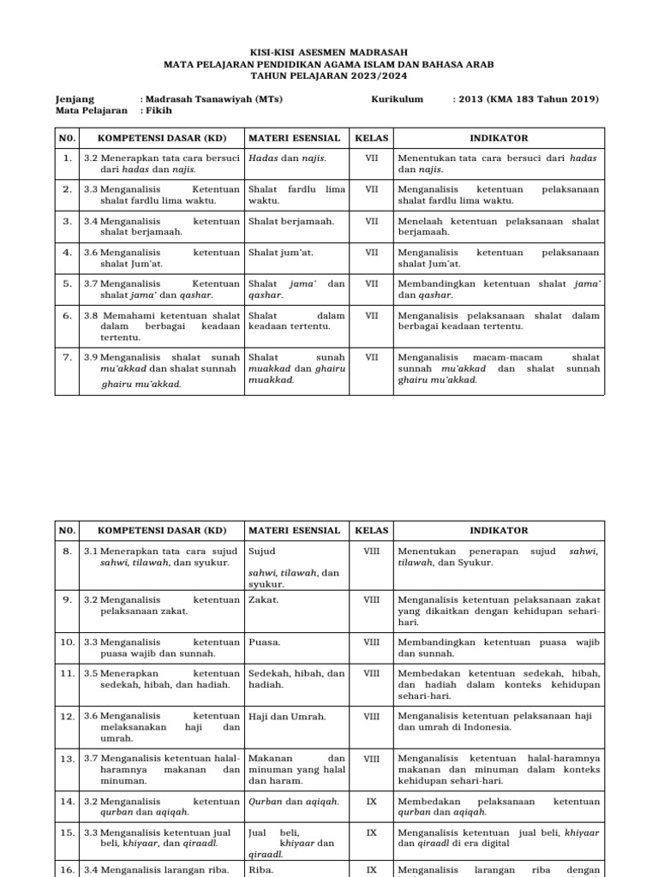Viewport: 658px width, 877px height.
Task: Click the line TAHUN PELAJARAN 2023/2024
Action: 329,75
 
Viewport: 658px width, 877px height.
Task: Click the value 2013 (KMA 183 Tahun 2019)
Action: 525,99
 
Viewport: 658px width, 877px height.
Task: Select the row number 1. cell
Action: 67,158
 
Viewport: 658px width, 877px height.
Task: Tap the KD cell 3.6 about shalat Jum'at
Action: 161,258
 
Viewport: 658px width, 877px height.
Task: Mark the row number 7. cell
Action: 67,357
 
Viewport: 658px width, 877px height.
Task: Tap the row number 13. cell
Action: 67,758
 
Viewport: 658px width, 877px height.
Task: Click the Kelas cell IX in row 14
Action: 371,802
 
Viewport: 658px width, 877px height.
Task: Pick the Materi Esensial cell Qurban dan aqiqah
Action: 294,802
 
